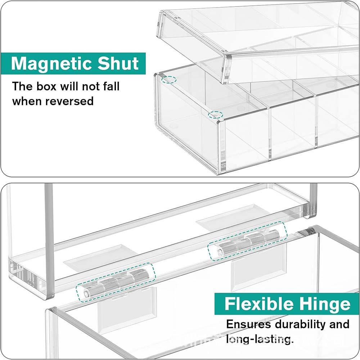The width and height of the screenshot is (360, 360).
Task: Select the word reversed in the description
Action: [69, 101]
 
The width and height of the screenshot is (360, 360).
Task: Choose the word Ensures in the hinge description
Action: [248, 324]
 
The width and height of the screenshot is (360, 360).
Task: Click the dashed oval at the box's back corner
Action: [168, 80]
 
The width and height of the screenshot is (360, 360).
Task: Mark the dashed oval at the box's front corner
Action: [216, 115]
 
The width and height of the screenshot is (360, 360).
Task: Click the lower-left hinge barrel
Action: [116, 283]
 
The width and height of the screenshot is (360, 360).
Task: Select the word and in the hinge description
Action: [339, 324]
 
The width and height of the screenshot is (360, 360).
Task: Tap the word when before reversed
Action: [27, 101]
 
